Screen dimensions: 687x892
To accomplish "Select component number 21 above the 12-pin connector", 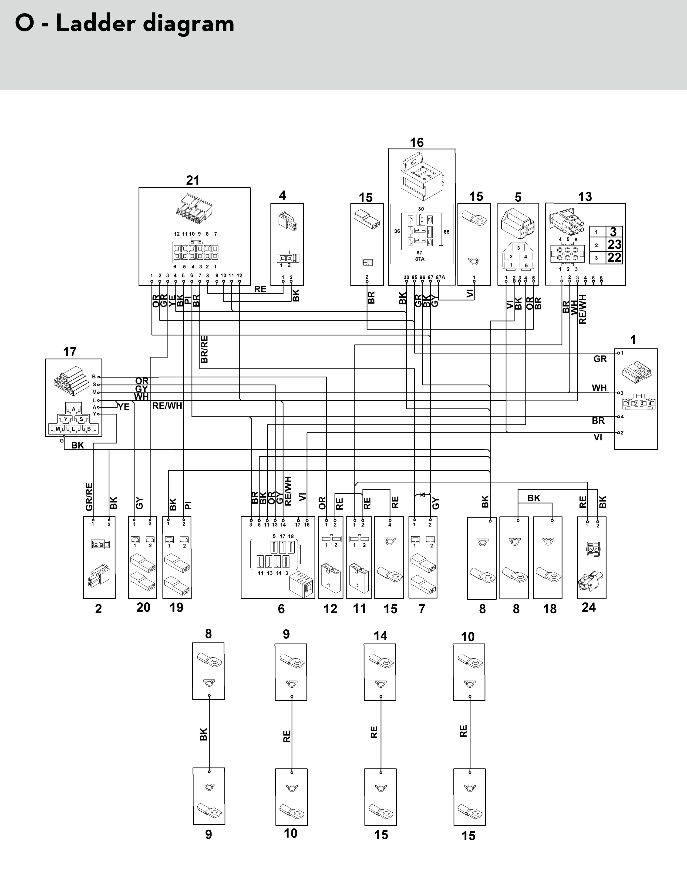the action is coord(192,180).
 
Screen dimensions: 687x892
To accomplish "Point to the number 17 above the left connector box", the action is coord(70,352).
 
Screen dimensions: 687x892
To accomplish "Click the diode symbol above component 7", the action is coord(423,495).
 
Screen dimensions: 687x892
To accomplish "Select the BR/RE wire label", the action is coord(205,349).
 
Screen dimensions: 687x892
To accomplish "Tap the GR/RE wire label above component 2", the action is coord(89,497).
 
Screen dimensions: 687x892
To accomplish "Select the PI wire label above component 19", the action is coord(188,505).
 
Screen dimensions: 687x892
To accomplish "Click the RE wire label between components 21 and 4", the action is coord(260,289).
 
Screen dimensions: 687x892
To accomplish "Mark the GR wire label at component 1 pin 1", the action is coord(600,359).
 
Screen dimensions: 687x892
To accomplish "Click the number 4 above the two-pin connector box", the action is coord(282,195).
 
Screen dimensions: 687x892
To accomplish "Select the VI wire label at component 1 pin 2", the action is coord(598,437).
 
